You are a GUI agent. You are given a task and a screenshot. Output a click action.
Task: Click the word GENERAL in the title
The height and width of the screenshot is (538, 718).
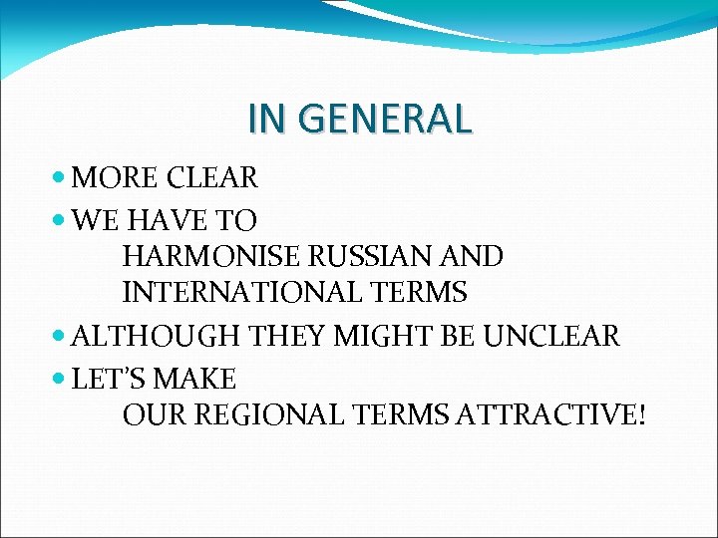(x=398, y=120)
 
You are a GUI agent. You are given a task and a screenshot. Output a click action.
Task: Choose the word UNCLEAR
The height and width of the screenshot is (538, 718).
(x=550, y=337)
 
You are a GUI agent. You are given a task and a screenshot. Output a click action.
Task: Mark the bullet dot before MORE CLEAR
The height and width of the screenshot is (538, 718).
(x=60, y=179)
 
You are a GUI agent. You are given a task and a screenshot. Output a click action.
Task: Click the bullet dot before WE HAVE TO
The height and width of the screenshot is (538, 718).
(x=60, y=220)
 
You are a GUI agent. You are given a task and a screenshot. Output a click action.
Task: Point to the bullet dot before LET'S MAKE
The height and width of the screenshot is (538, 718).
(x=60, y=380)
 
